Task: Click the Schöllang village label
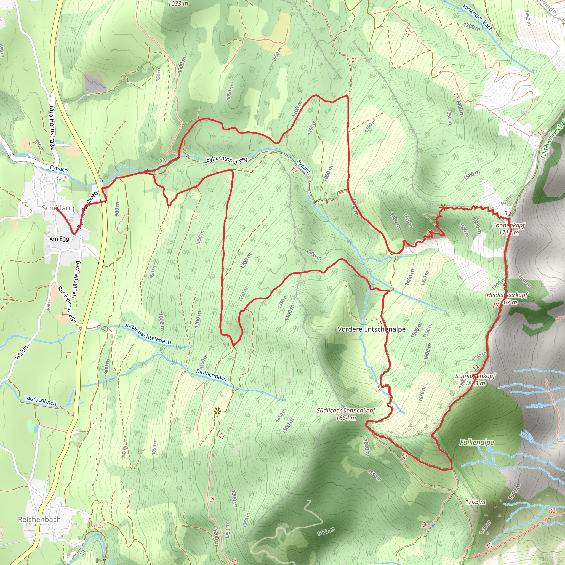click(x=58, y=208)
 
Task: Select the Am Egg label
click(x=59, y=239)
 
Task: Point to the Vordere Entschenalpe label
click(x=371, y=329)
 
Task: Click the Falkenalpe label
click(x=477, y=443)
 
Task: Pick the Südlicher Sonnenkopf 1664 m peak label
click(x=346, y=414)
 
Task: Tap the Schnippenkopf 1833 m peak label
click(x=475, y=380)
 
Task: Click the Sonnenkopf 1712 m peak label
click(x=509, y=229)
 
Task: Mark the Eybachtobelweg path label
click(x=227, y=159)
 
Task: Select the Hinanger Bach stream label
click(x=478, y=18)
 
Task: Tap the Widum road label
click(x=22, y=352)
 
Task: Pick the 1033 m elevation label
click(x=178, y=4)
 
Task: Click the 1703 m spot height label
click(x=475, y=502)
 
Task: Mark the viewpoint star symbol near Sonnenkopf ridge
click(x=443, y=208)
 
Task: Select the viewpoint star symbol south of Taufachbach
click(x=217, y=411)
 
